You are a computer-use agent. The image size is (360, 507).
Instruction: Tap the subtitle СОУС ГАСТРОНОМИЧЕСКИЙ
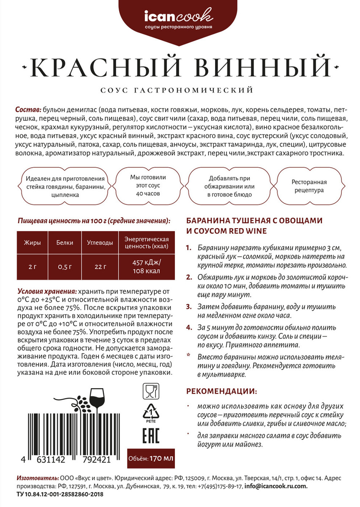180,90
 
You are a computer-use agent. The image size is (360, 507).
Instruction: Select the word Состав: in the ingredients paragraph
28,107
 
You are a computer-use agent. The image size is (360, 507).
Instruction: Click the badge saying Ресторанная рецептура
309,186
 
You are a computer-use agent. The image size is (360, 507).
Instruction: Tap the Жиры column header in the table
32,243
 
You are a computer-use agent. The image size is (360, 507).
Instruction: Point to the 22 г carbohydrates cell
99,266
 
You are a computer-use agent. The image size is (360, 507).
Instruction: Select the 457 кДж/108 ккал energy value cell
147,267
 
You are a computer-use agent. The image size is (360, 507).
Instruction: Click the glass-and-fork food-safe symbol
150,391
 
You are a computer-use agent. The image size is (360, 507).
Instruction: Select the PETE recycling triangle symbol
150,413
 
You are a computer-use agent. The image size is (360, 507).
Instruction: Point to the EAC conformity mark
150,436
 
